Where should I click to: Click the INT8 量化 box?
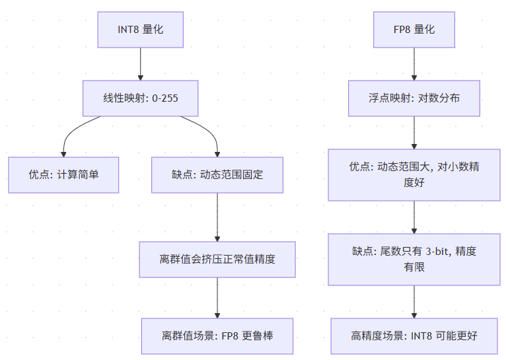tap(141, 30)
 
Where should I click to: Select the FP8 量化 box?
tap(414, 30)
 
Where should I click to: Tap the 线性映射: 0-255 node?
tap(141, 98)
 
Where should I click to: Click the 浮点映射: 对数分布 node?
tap(414, 98)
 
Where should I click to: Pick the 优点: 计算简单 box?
tap(63, 175)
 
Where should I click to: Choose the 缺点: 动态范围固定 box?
tap(217, 175)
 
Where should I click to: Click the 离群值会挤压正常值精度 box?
tap(217, 260)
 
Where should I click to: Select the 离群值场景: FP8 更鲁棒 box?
tap(217, 336)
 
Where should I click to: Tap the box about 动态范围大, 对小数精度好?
tap(414, 175)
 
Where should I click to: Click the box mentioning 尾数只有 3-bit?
tap(414, 260)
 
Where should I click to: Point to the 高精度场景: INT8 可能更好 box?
tap(414, 336)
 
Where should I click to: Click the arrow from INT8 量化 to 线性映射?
tap(141, 64)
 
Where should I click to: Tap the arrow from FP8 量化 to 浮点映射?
tap(414, 64)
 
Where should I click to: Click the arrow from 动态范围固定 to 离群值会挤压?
tap(217, 217)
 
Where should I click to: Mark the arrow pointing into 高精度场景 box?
tap(414, 302)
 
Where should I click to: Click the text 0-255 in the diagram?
tap(165, 98)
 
